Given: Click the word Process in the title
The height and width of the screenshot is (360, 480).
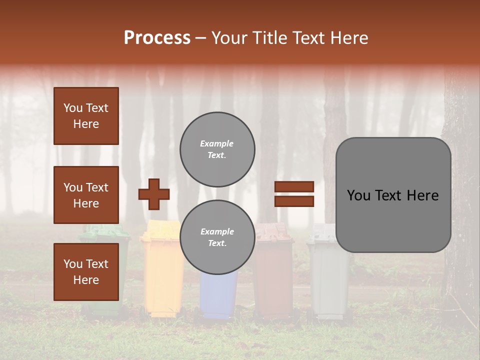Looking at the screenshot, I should (x=157, y=37).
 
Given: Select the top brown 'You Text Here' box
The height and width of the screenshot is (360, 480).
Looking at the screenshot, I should (x=86, y=116).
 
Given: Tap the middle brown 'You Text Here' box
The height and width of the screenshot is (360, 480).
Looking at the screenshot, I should (x=86, y=195).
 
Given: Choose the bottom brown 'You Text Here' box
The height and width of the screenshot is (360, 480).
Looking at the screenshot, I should (x=86, y=271).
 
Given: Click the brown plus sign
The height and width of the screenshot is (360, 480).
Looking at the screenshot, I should (x=154, y=194).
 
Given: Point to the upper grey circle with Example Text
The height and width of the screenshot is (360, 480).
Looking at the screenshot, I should (x=217, y=149).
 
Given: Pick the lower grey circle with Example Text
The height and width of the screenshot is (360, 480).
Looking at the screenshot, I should (x=217, y=237).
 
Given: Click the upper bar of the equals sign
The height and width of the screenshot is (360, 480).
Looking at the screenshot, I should (x=294, y=187).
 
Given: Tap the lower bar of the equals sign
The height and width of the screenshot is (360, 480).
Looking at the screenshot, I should (x=294, y=201).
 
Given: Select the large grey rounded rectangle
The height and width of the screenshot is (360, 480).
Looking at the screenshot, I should (x=393, y=195).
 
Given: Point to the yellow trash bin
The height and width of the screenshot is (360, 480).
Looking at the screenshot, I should (x=161, y=280).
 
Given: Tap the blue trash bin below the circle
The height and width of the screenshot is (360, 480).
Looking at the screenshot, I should (x=218, y=295).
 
